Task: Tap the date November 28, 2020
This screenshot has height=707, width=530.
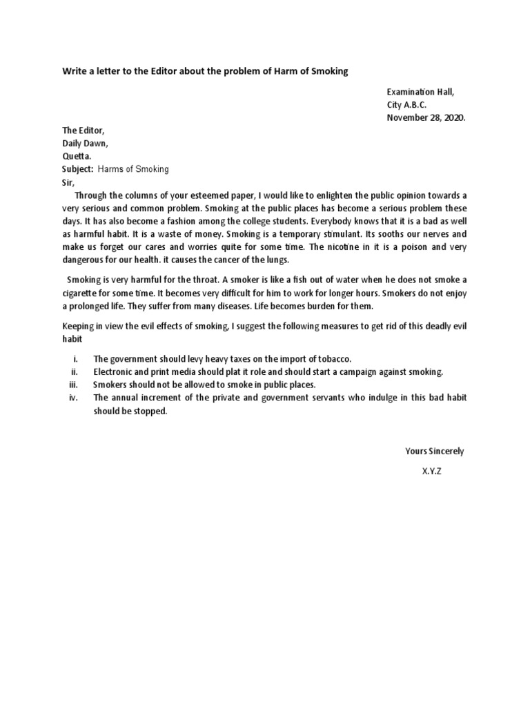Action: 426,117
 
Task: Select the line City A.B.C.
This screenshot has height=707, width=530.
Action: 406,104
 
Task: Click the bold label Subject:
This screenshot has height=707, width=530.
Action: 78,169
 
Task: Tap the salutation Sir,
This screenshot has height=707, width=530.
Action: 68,182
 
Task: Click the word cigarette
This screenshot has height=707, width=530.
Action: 81,293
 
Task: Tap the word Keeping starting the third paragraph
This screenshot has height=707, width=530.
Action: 81,327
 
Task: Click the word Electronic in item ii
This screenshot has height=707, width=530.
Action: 115,372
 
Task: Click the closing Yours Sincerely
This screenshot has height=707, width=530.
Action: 435,451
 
